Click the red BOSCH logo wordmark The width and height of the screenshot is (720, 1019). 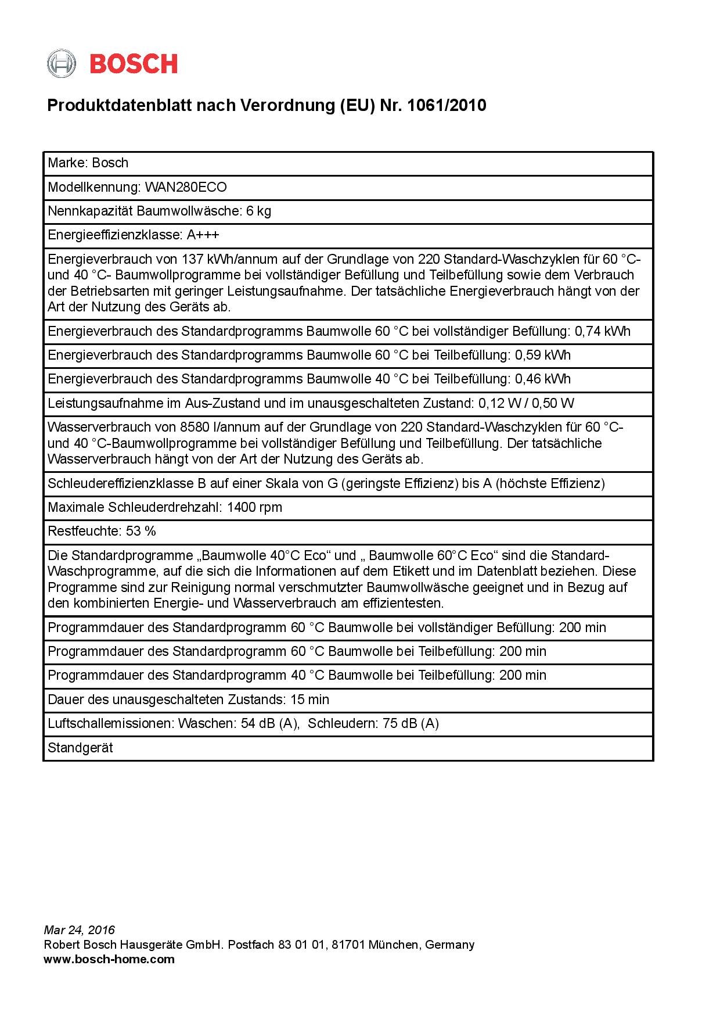(x=134, y=64)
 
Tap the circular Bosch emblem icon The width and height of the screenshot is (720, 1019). (x=62, y=64)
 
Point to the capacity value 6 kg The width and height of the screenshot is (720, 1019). (x=258, y=211)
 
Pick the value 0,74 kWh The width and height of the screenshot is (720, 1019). (x=602, y=331)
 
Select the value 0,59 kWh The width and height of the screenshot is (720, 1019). (x=543, y=355)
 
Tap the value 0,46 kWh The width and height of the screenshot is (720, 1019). (x=543, y=379)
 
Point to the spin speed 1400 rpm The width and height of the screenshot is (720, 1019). (x=254, y=507)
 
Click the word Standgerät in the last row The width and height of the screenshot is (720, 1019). (x=80, y=748)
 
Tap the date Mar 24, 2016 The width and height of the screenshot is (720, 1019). (x=80, y=930)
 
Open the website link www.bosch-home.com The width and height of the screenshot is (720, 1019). (x=109, y=959)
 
